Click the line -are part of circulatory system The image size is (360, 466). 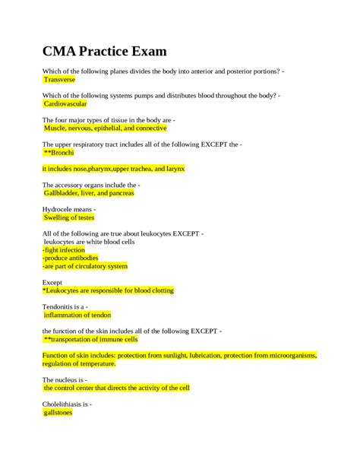pyautogui.click(x=85, y=266)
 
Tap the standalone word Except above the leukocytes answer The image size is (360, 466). pyautogui.click(x=52, y=281)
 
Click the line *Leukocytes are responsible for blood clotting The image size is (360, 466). pyautogui.click(x=109, y=290)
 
